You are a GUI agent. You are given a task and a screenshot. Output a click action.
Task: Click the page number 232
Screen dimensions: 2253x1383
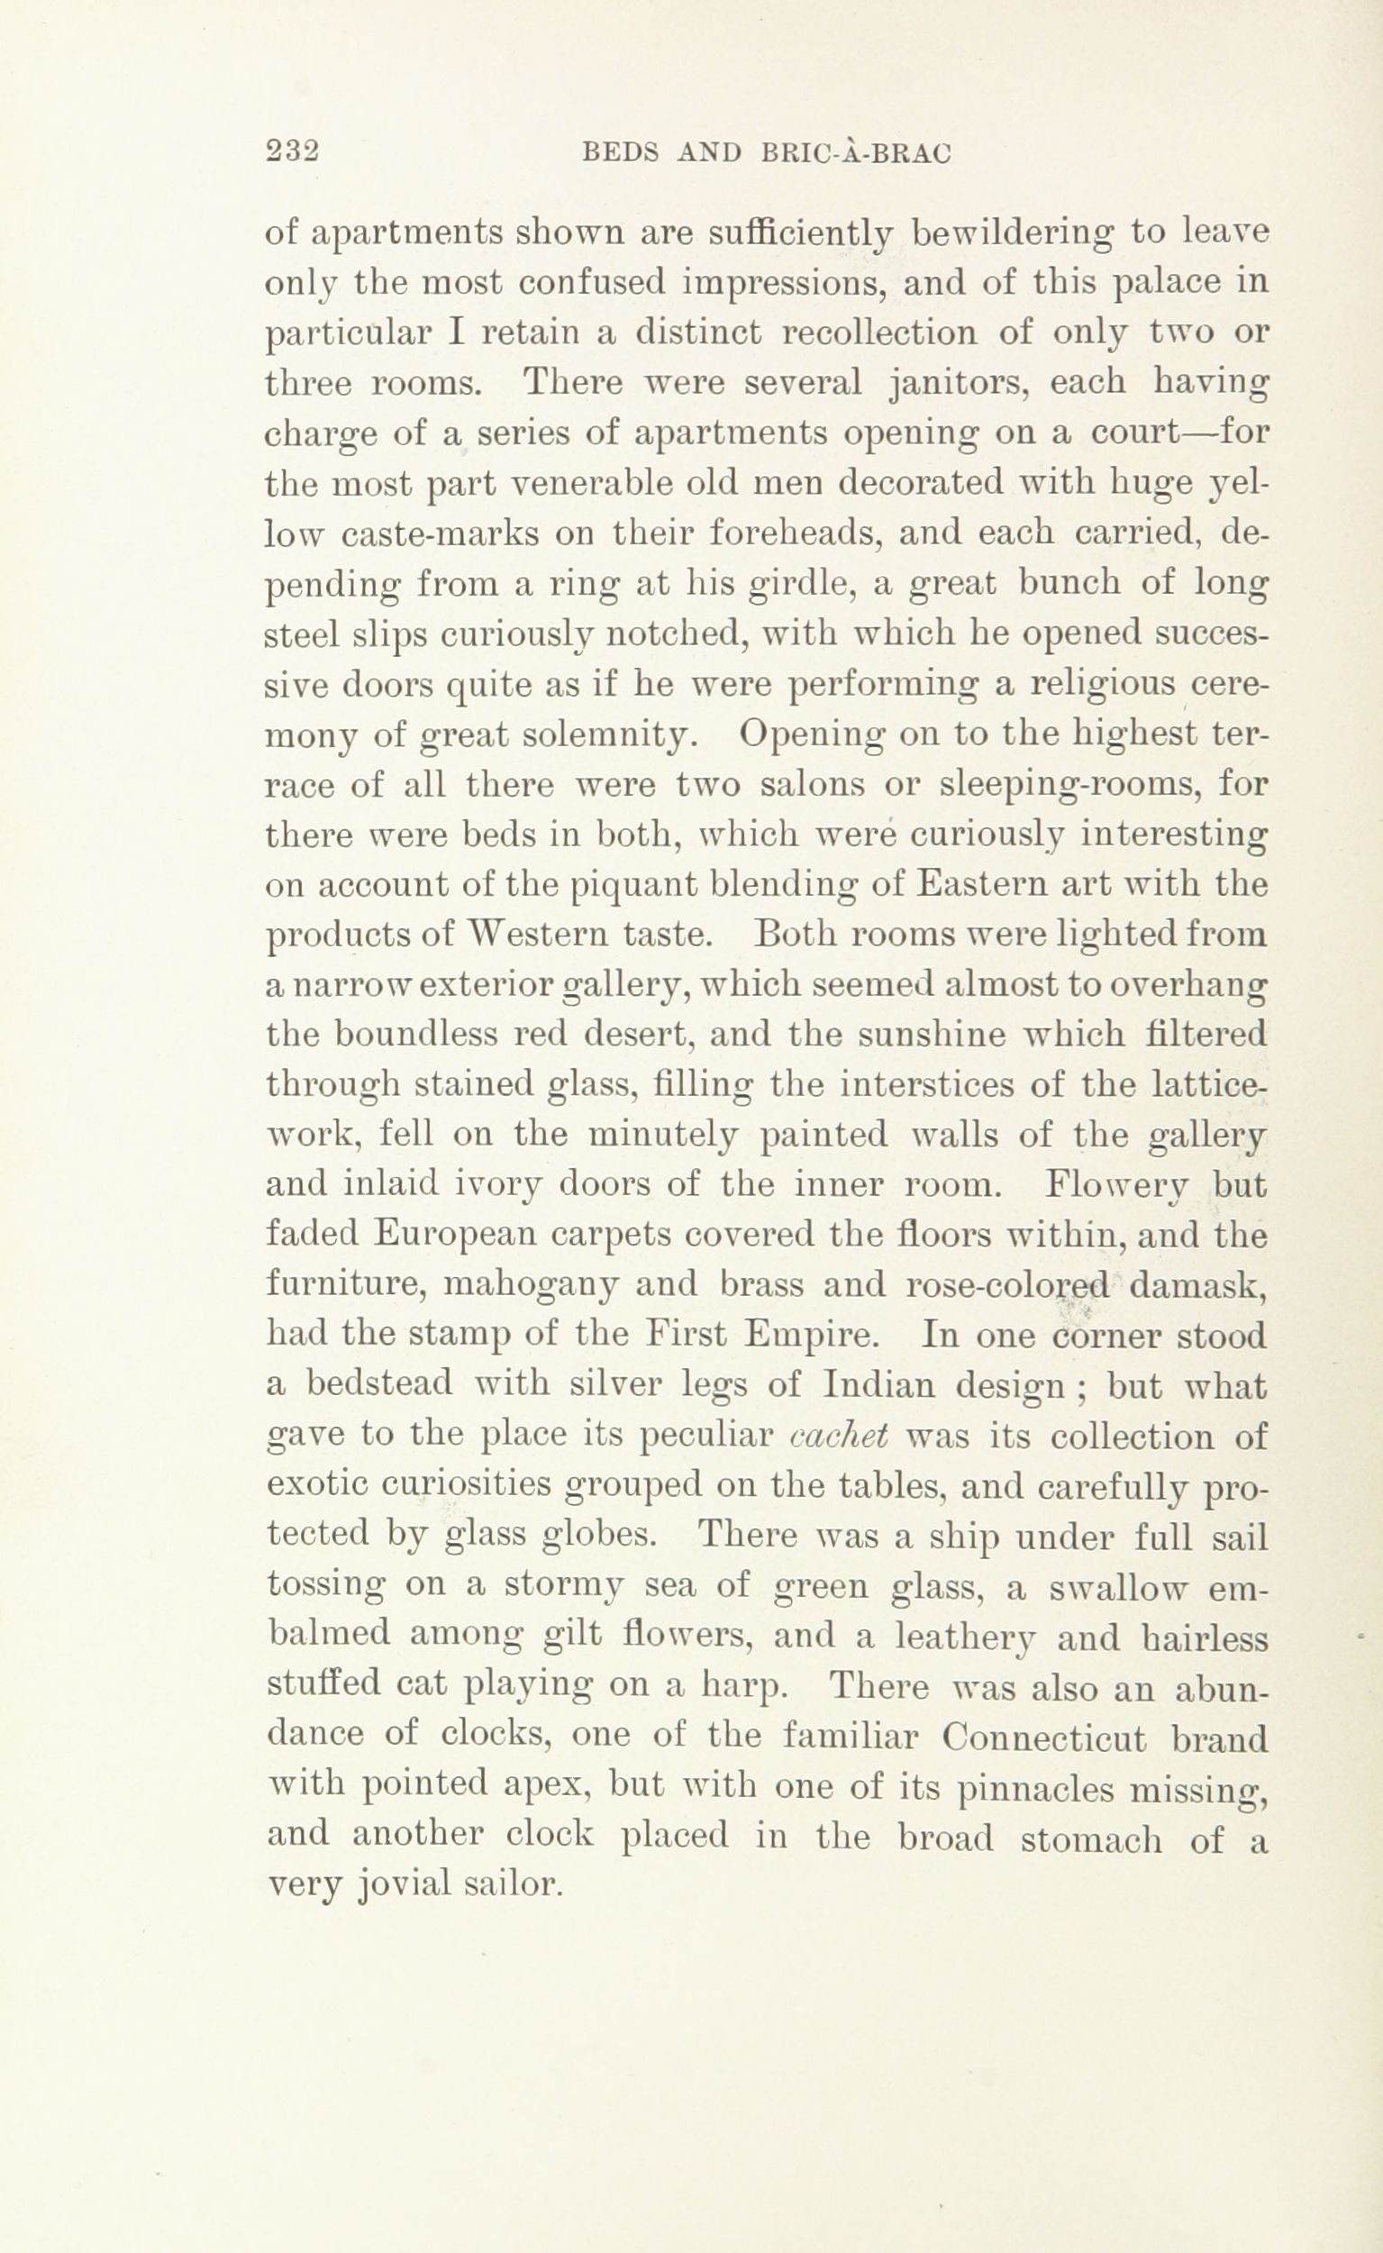290,151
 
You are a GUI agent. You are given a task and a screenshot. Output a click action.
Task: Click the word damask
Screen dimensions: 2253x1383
1197,1286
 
